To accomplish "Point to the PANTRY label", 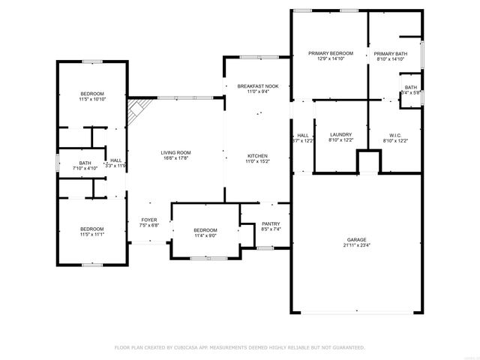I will point(271,223).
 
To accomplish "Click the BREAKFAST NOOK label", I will point(258,86).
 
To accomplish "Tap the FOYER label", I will point(148,220).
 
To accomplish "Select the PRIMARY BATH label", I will point(390,54).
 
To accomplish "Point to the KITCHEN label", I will point(258,155).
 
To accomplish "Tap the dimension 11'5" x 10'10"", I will point(92,99).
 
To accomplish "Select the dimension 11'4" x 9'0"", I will point(205,235).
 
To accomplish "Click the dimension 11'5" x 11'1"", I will point(92,235).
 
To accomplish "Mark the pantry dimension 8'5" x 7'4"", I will point(271,229).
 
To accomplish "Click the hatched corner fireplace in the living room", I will point(136,114).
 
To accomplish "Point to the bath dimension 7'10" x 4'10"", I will point(85,169).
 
